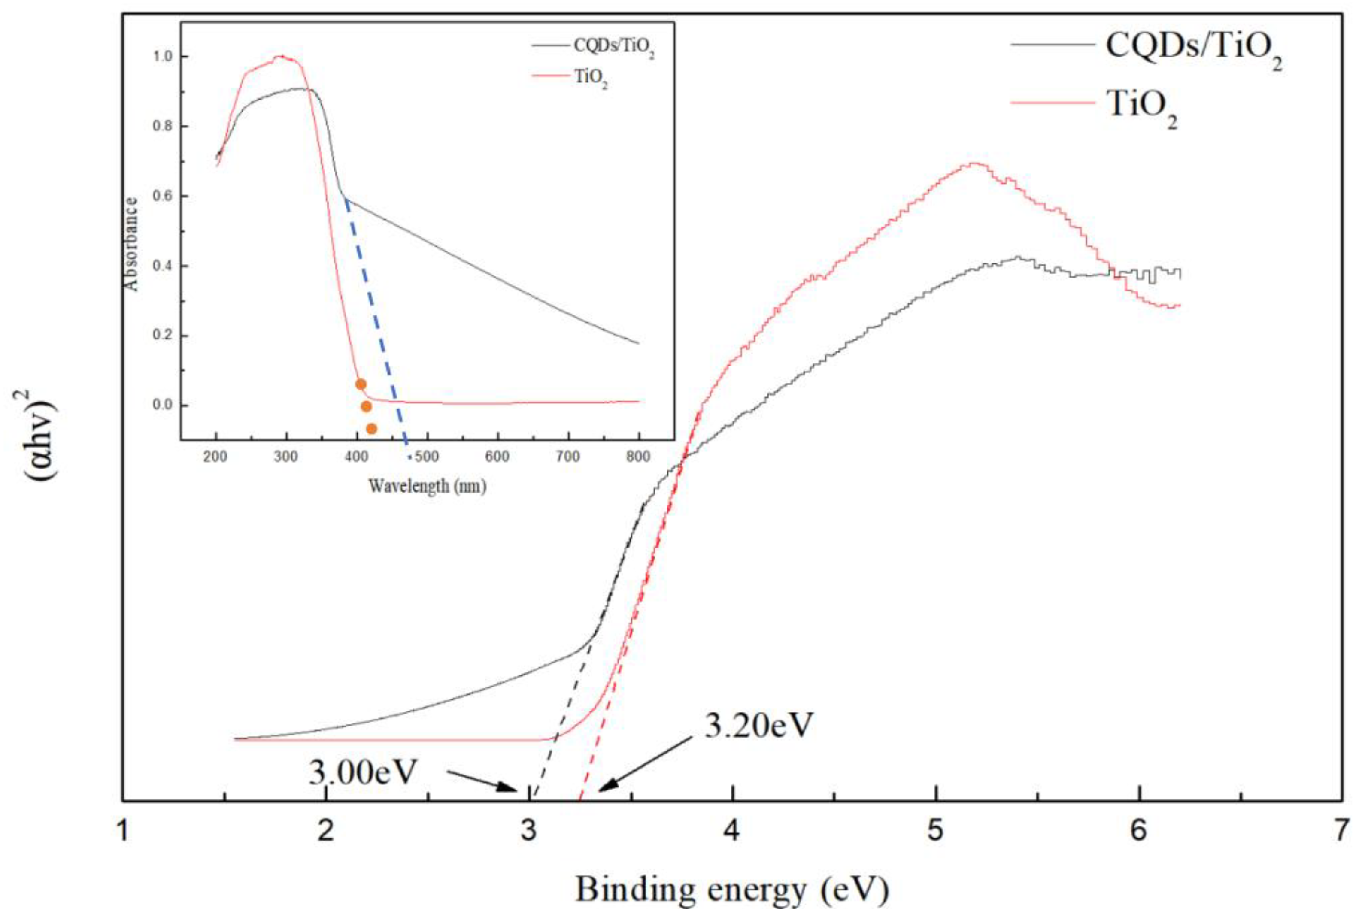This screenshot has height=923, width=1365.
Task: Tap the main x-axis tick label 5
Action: [935, 830]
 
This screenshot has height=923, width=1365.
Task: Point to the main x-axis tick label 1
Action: [123, 830]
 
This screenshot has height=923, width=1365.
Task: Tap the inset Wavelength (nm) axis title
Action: [427, 486]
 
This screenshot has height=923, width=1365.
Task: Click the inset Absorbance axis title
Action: [132, 244]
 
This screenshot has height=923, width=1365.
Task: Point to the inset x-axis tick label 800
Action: [638, 457]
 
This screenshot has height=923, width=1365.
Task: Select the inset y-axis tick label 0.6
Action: [163, 196]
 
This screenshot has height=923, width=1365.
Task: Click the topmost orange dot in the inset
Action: [361, 384]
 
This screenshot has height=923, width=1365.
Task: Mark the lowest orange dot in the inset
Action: [371, 429]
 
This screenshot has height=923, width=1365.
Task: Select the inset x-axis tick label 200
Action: [215, 457]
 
